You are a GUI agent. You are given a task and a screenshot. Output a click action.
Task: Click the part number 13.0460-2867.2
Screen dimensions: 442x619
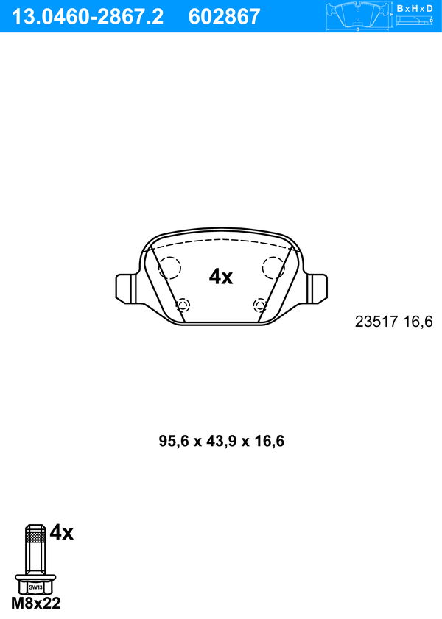pyautogui.click(x=87, y=17)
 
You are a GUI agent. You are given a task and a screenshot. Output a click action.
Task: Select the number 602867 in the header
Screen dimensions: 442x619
pyautogui.click(x=225, y=17)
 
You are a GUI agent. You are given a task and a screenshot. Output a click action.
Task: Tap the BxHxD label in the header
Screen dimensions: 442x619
pyautogui.click(x=414, y=8)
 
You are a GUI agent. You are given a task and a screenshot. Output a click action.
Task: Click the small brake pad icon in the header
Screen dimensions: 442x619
pyautogui.click(x=357, y=15)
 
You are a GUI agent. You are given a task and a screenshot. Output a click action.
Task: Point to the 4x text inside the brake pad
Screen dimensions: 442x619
pyautogui.click(x=221, y=277)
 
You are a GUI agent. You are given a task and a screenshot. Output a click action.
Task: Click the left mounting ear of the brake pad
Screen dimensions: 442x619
pyautogui.click(x=126, y=289)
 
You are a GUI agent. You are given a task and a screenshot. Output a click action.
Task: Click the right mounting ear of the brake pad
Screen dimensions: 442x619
pyautogui.click(x=318, y=289)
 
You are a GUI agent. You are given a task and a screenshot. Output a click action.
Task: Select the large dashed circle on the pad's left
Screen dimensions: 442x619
pyautogui.click(x=170, y=267)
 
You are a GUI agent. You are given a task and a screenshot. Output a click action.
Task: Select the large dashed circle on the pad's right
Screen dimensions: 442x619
pyautogui.click(x=273, y=267)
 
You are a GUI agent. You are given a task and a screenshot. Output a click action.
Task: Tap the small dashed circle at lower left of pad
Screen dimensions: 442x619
pyautogui.click(x=183, y=305)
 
